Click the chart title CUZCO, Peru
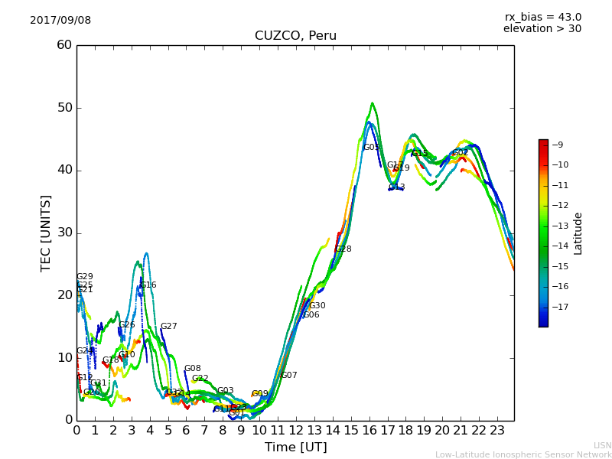[295, 36]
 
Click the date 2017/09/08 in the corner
[60, 20]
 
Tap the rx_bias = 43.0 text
[542, 17]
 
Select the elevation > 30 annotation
[542, 29]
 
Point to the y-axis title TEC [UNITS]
[46, 233]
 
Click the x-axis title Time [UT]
[295, 448]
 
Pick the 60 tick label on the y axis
[64, 45]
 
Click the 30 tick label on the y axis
[64, 233]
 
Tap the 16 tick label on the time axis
[369, 431]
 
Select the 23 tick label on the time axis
[497, 431]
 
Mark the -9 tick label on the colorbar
[558, 145]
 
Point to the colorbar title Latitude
[578, 233]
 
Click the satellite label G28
[343, 249]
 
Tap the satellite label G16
[148, 285]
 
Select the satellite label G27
[168, 327]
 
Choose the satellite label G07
[288, 376]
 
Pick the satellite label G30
[317, 306]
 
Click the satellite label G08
[192, 369]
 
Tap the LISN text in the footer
[602, 445]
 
